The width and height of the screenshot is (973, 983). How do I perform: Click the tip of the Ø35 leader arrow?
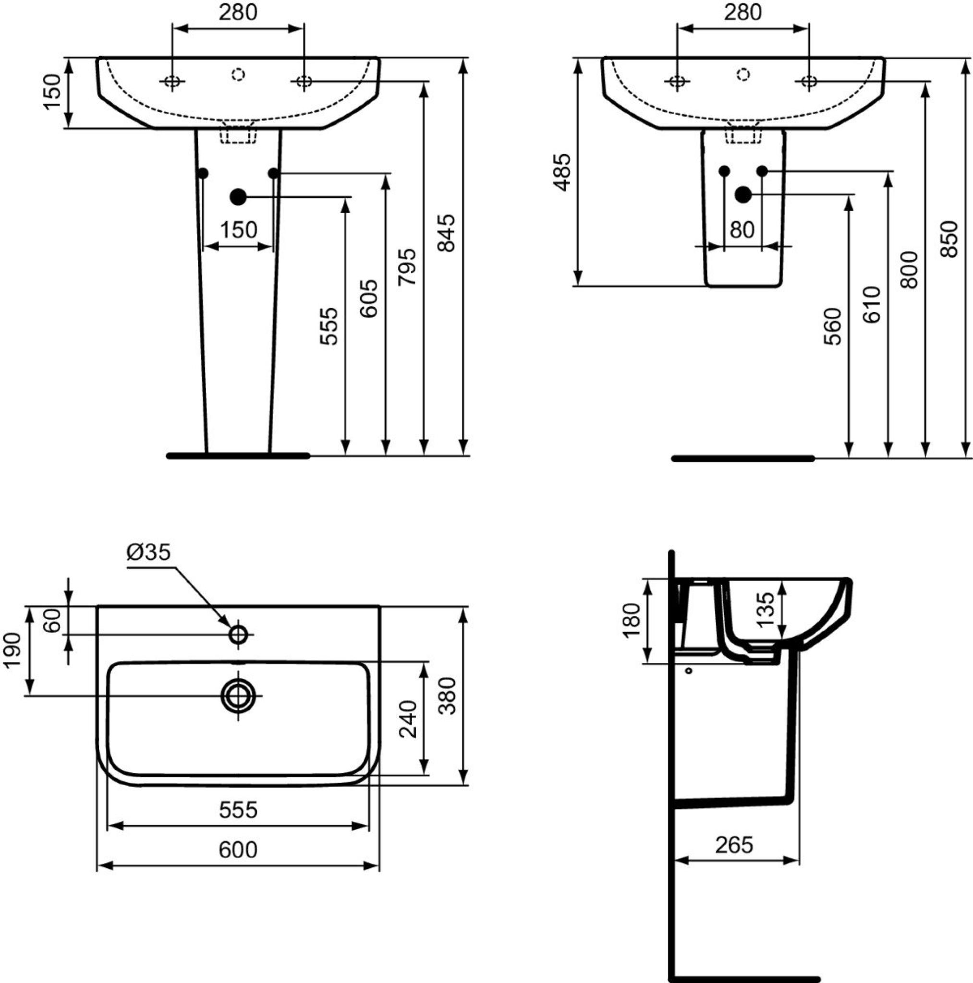[x=231, y=627]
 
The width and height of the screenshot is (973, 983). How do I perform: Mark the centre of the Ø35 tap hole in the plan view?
[x=238, y=635]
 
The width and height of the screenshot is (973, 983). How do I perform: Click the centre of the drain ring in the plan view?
[x=238, y=695]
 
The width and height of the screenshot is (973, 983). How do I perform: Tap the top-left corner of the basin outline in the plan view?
[x=97, y=605]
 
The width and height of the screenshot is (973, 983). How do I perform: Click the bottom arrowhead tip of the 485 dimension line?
[x=577, y=286]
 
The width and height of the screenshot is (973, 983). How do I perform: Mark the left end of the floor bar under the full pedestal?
[x=169, y=456]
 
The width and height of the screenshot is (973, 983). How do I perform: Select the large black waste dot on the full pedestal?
[x=238, y=196]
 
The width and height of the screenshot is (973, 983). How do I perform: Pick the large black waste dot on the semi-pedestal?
[x=743, y=194]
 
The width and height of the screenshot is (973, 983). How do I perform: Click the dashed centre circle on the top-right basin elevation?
[x=743, y=74]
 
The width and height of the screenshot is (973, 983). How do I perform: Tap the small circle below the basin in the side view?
[x=689, y=671]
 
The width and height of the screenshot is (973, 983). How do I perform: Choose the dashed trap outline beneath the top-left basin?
[x=238, y=133]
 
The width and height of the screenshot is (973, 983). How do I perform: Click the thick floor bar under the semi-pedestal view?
[x=743, y=458]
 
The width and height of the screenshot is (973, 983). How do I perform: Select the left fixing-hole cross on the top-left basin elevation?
[x=172, y=81]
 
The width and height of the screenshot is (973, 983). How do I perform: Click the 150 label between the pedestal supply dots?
[x=238, y=230]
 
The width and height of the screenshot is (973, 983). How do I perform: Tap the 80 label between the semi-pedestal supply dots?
[x=742, y=230]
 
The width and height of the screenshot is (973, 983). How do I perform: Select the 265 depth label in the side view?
[x=734, y=845]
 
